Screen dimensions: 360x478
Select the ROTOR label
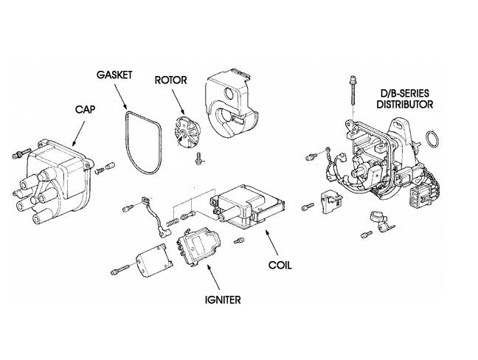[x=171, y=80]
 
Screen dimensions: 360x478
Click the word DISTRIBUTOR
[x=402, y=104]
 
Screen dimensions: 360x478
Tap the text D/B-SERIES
[x=402, y=94]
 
